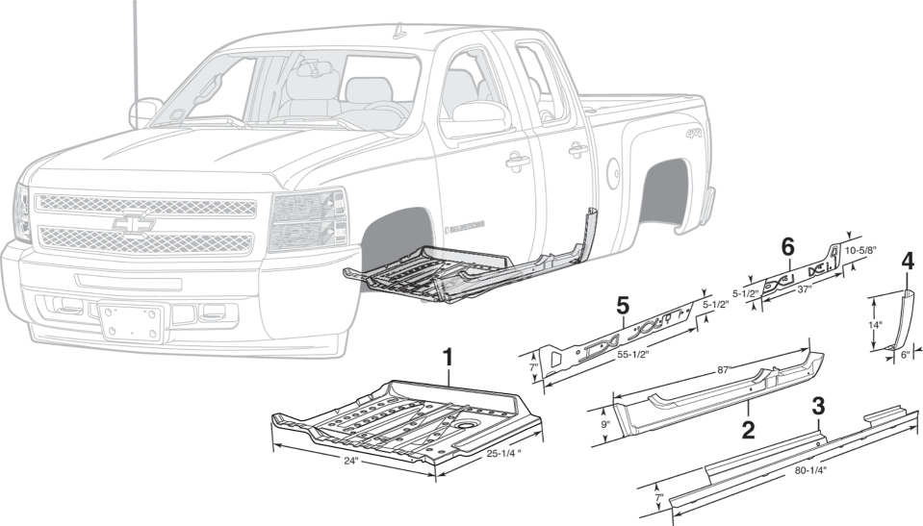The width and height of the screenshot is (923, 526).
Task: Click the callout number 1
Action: [448, 358]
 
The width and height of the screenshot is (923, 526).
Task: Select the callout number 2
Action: [748, 430]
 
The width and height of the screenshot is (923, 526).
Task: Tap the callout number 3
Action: [818, 406]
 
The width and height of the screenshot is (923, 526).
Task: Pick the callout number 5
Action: [622, 306]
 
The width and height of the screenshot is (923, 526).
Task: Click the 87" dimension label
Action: [724, 369]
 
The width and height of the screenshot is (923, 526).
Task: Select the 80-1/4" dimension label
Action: [810, 470]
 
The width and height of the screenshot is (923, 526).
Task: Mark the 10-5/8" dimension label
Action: [860, 250]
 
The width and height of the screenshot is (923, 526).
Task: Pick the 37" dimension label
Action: [804, 288]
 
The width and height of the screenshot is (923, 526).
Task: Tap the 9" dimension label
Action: [605, 424]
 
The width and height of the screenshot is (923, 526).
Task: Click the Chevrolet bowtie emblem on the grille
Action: [133, 223]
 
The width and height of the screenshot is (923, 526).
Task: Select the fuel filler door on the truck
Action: [613, 172]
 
